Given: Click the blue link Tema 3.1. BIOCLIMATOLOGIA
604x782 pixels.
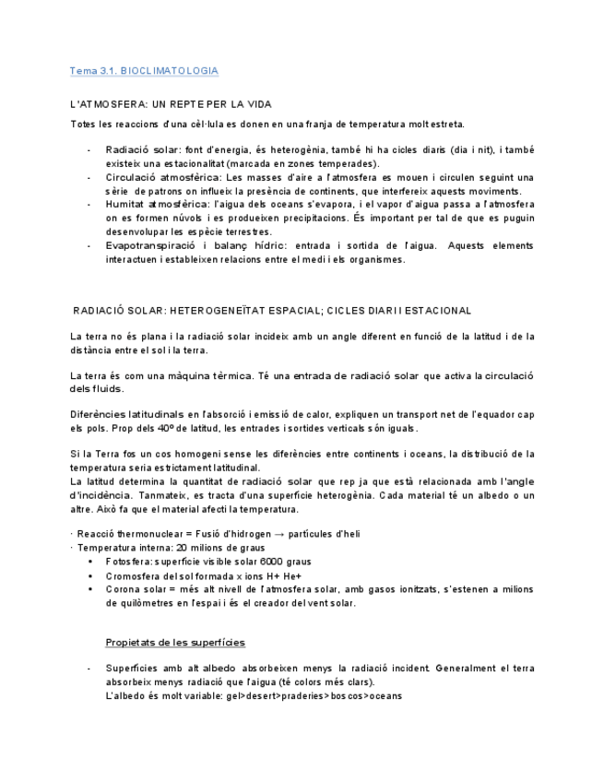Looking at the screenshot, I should (144, 71).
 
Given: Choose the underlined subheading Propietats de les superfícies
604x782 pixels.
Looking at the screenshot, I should (175, 642).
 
